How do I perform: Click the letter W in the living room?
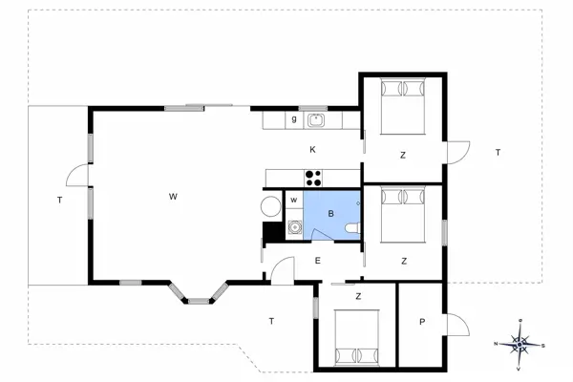point(173,197)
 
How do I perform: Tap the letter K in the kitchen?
point(312,150)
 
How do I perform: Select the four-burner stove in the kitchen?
point(313,178)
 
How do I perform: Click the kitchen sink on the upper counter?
point(316,120)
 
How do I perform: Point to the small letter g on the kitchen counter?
point(294,119)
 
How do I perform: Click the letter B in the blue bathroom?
point(330,215)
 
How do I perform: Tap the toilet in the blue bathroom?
point(350,227)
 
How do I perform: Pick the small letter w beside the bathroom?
point(294,200)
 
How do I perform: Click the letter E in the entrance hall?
point(316,260)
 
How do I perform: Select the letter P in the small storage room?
point(421,322)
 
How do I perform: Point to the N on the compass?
point(497,344)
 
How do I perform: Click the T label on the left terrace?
point(59,200)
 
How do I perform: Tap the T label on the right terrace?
point(498,153)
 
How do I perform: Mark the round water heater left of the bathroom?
point(270,205)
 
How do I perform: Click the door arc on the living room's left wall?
point(74,177)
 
